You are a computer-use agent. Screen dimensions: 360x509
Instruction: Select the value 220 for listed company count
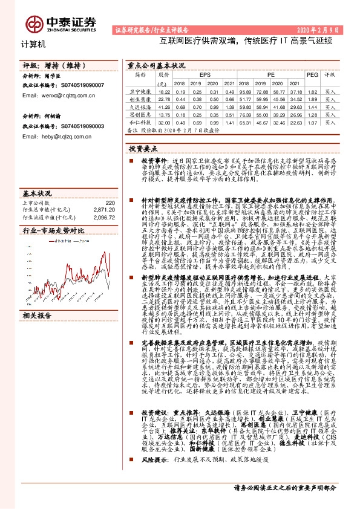click(x=110, y=203)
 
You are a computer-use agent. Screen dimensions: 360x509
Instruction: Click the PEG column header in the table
click(x=312, y=74)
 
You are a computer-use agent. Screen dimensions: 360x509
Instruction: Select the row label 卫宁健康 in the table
click(x=139, y=91)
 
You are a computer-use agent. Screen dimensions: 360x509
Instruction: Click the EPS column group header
click(x=206, y=74)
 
